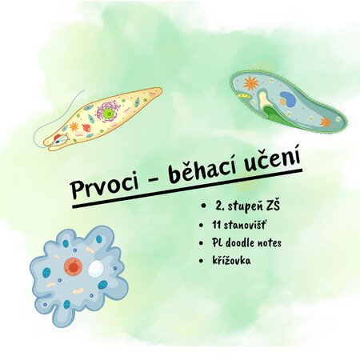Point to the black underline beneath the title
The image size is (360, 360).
[x=187, y=188]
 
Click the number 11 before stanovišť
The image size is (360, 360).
[x=216, y=225]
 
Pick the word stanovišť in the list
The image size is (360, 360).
[x=245, y=225]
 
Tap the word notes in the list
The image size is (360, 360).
[x=270, y=243]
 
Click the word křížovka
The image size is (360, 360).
[x=231, y=260]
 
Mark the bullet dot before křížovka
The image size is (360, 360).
[x=201, y=261]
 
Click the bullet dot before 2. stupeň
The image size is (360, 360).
[x=205, y=206]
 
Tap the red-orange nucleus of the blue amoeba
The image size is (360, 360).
[x=73, y=266]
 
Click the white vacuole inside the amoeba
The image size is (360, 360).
[x=96, y=269]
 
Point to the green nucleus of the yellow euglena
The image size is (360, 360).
[x=108, y=114]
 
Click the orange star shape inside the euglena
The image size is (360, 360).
[x=74, y=126]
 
